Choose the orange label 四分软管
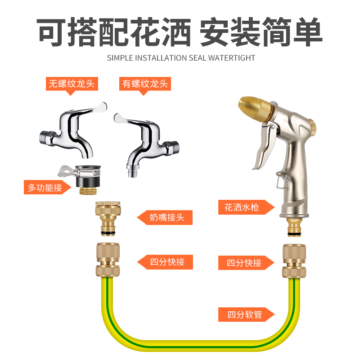(x=244, y=315)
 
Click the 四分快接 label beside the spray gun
(x=244, y=263)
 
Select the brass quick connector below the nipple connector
(x=108, y=260)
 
